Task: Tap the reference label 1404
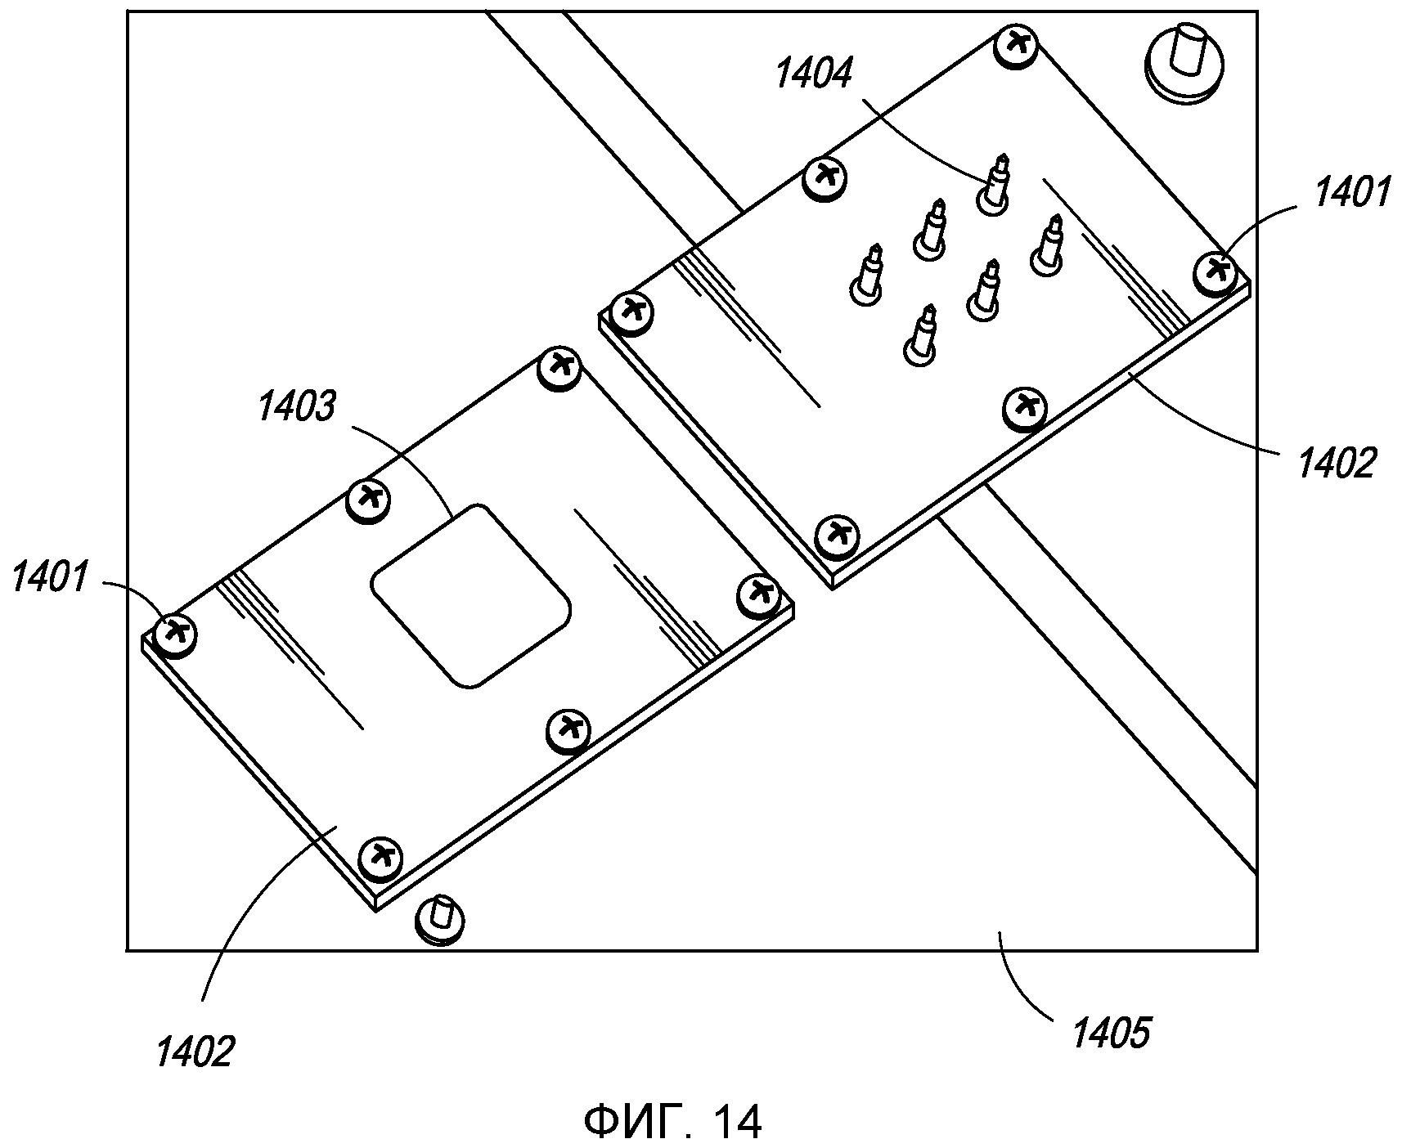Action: (x=813, y=74)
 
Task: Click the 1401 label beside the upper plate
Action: (x=1351, y=193)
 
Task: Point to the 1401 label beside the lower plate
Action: (x=50, y=580)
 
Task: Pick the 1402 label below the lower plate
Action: (x=195, y=1051)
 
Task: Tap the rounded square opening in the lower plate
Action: (x=470, y=594)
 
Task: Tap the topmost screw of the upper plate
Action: (x=1017, y=46)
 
